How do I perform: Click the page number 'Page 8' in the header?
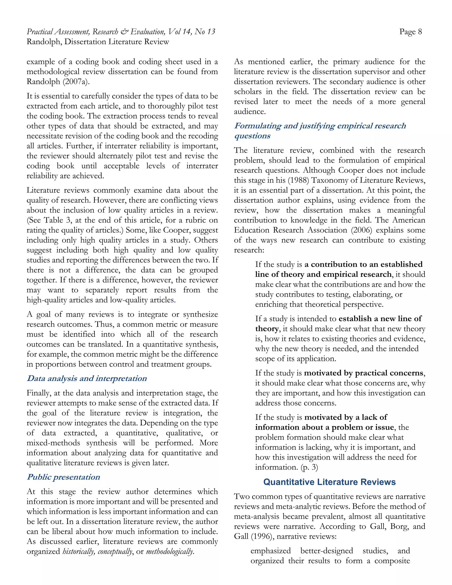pos(410,32)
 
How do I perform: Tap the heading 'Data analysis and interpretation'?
pos(87,378)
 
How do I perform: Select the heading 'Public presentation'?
pos(64,477)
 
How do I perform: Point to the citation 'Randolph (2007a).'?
pos(58,82)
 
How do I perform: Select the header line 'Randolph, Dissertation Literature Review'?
pos(98,42)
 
